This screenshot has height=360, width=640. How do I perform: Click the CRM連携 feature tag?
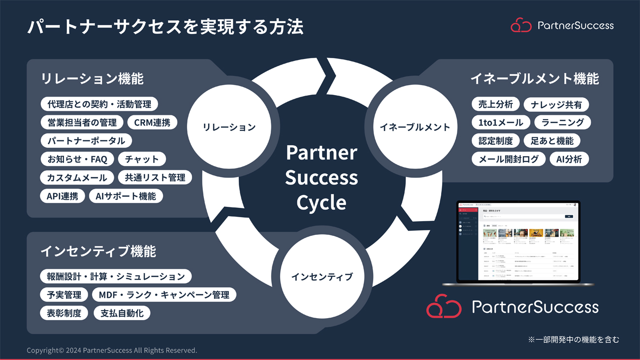[x=152, y=123]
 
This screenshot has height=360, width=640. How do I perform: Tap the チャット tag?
[x=142, y=159]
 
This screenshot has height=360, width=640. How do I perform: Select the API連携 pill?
[x=62, y=196]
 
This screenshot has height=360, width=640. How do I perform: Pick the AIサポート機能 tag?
[x=126, y=196]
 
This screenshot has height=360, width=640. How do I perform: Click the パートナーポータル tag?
[x=86, y=141]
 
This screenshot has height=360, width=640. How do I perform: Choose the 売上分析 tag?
[x=495, y=104]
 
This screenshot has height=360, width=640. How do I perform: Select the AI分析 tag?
[x=569, y=159]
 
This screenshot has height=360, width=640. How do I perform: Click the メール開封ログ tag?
[x=508, y=159]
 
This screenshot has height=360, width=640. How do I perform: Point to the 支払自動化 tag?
[x=122, y=313]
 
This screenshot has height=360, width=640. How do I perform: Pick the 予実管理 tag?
[x=64, y=295]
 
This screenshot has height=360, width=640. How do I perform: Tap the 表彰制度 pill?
[x=64, y=313]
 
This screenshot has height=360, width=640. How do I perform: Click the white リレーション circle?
[x=229, y=127]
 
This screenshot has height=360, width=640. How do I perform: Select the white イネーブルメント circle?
[x=415, y=127]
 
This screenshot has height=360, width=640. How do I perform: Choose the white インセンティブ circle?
[x=322, y=276]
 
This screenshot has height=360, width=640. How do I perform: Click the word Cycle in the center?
[x=321, y=202]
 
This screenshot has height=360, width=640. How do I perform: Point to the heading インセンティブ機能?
[x=98, y=251]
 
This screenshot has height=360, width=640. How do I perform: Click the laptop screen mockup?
[x=518, y=241]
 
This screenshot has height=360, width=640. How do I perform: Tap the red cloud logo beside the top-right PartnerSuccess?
[x=520, y=25]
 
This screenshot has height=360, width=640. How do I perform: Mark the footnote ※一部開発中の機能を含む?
[x=574, y=339]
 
